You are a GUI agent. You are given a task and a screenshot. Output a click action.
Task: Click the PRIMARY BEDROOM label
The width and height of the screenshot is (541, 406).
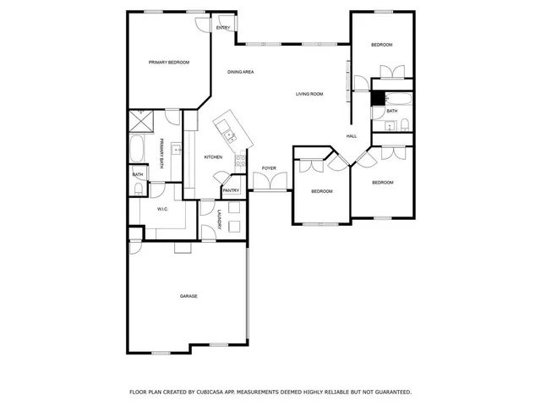[169, 63]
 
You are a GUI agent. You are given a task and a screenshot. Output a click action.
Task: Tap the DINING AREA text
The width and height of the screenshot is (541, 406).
[241, 72]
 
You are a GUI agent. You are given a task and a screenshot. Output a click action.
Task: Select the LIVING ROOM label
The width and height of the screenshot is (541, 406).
[309, 94]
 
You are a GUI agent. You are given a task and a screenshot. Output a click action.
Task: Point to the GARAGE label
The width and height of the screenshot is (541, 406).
[189, 296]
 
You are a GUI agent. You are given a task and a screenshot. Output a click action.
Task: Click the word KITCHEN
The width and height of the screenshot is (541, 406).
[213, 157]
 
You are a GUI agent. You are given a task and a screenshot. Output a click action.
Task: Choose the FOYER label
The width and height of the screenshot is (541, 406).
[269, 168]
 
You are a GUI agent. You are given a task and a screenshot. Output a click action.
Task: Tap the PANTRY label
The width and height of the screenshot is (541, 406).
[231, 190]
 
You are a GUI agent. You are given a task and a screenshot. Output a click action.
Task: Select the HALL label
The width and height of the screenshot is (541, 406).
[351, 136]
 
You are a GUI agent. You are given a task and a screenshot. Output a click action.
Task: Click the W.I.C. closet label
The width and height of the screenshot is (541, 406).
[162, 209]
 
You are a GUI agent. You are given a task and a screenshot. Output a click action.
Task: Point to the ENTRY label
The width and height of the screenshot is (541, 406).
[223, 28]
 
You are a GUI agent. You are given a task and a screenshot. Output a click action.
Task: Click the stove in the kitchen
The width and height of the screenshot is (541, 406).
[240, 160]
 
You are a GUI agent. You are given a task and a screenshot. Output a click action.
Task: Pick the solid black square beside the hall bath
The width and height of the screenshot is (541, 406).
[378, 98]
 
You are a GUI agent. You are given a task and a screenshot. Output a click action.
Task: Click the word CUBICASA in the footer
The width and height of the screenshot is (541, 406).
[209, 392]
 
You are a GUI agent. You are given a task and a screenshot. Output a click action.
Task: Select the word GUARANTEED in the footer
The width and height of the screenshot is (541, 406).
[388, 392]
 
